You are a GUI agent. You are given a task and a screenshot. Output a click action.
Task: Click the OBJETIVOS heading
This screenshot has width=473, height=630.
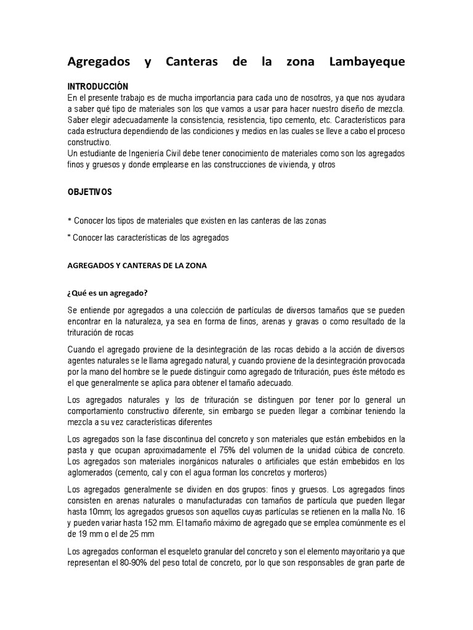89,193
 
